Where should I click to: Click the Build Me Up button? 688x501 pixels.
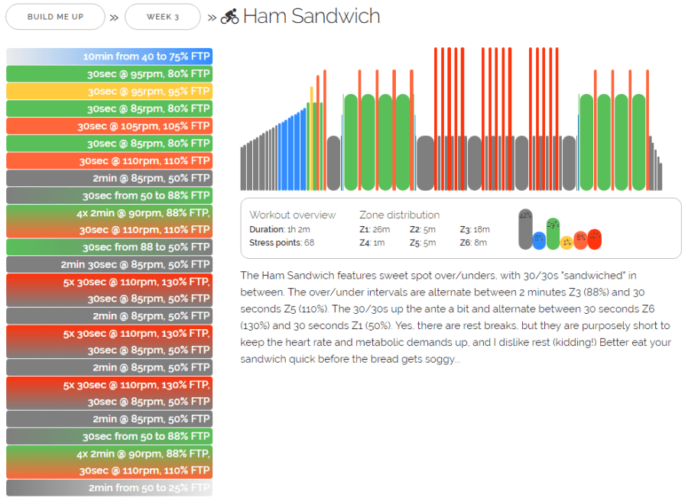(55, 17)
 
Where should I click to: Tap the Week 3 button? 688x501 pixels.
(162, 17)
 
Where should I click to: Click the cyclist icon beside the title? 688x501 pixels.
(229, 17)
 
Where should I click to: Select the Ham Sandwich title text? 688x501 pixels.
(311, 16)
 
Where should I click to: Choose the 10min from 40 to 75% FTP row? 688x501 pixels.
(109, 57)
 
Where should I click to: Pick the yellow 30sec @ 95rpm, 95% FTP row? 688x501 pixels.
(109, 92)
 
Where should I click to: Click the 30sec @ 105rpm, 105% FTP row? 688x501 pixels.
(109, 126)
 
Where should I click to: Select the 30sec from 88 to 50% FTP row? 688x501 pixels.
(109, 247)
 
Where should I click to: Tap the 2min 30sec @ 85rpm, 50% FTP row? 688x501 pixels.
(109, 264)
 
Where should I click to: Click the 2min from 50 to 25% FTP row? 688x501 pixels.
(109, 488)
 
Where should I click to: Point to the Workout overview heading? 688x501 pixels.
(292, 215)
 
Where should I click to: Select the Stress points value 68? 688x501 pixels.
(309, 243)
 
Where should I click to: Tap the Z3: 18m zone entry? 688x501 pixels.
(475, 229)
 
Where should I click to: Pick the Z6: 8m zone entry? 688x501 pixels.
(475, 243)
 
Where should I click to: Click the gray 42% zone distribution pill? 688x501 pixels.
(525, 229)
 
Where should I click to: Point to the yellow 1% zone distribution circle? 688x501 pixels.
(566, 243)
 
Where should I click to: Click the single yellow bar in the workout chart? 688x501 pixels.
(311, 137)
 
